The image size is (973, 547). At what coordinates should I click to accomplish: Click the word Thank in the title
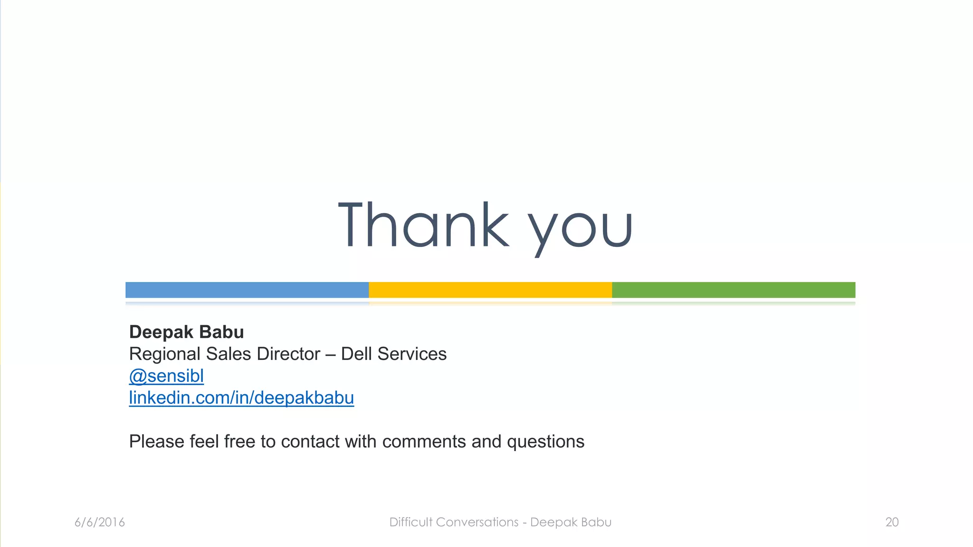coord(423,226)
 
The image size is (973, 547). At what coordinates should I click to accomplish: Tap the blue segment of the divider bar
coord(247,290)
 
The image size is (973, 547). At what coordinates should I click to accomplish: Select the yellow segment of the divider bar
coord(490,290)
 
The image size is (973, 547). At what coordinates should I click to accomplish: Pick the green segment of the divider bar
coord(734,290)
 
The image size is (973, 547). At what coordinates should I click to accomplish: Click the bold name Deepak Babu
coord(186,332)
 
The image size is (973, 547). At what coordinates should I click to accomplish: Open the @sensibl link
coord(166,376)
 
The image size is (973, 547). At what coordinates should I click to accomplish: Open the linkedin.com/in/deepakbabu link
coord(241,398)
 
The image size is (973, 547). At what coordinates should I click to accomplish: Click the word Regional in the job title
coord(165,354)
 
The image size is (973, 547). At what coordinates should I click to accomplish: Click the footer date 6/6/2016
coord(100,522)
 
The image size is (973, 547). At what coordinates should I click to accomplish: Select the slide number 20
coord(892,522)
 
